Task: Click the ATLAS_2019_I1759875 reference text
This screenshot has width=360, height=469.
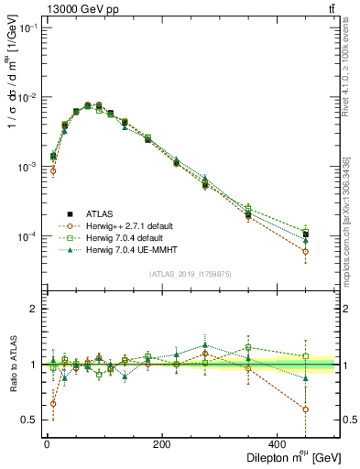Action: click(191, 272)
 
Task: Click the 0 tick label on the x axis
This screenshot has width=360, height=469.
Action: click(47, 446)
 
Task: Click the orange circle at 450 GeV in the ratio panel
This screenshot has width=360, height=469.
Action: click(305, 409)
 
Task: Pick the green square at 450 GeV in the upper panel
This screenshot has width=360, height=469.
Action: click(305, 232)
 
